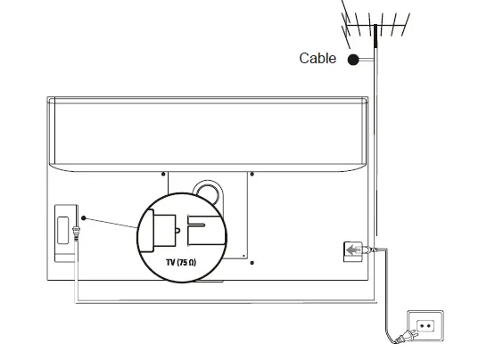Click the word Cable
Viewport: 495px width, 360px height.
pos(318,59)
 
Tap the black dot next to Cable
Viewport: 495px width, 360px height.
pos(353,60)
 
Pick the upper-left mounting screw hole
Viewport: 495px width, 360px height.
pos(163,174)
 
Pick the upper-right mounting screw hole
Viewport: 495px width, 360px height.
pos(252,174)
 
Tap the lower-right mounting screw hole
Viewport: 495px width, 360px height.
pos(252,262)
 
